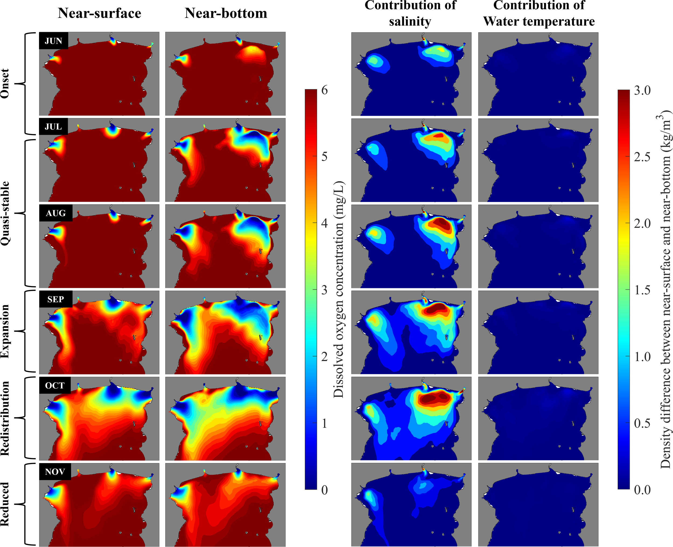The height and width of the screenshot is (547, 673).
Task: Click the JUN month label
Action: point(53,41)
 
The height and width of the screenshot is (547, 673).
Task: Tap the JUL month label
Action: point(53,127)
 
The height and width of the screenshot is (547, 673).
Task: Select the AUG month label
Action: point(55,213)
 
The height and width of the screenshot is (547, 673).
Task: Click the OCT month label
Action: point(55,385)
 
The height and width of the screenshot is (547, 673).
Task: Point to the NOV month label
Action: point(55,472)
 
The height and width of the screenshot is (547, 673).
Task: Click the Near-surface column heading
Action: point(99,13)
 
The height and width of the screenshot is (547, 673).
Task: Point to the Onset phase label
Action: point(5,83)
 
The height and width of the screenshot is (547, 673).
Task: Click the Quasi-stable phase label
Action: point(5,213)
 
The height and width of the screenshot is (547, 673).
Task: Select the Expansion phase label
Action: point(5,331)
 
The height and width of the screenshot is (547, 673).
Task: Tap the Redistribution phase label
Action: point(5,418)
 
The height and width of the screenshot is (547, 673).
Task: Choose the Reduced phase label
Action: point(5,504)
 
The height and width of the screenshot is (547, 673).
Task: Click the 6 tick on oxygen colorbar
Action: point(324,90)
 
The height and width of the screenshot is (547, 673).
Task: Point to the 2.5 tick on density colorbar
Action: point(642,157)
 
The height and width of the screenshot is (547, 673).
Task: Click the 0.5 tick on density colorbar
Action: point(642,423)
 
